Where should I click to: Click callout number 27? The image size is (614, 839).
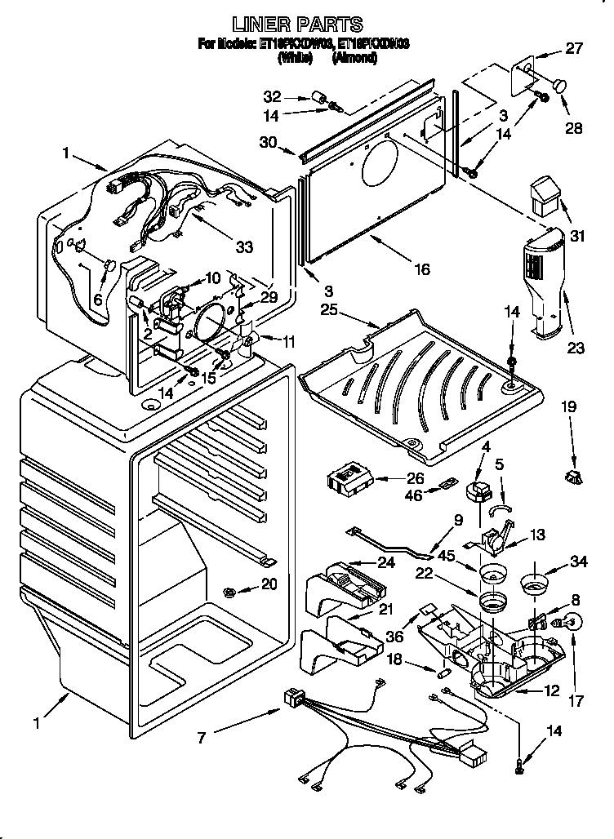point(574,49)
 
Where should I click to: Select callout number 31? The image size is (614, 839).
point(579,237)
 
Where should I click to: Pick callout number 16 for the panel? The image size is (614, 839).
point(421,269)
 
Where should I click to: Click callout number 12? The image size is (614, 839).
point(552,691)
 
